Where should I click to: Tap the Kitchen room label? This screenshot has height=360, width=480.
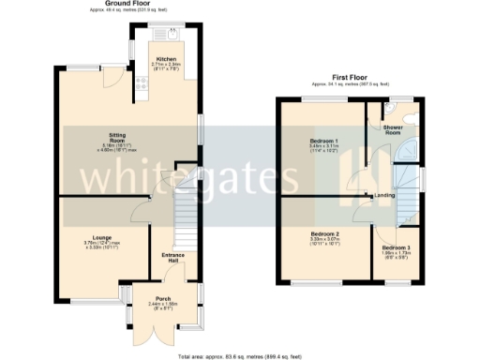click(x=166, y=59)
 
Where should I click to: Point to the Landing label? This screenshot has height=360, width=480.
click(x=384, y=195)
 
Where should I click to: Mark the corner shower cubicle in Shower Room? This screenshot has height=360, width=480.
click(x=410, y=152)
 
